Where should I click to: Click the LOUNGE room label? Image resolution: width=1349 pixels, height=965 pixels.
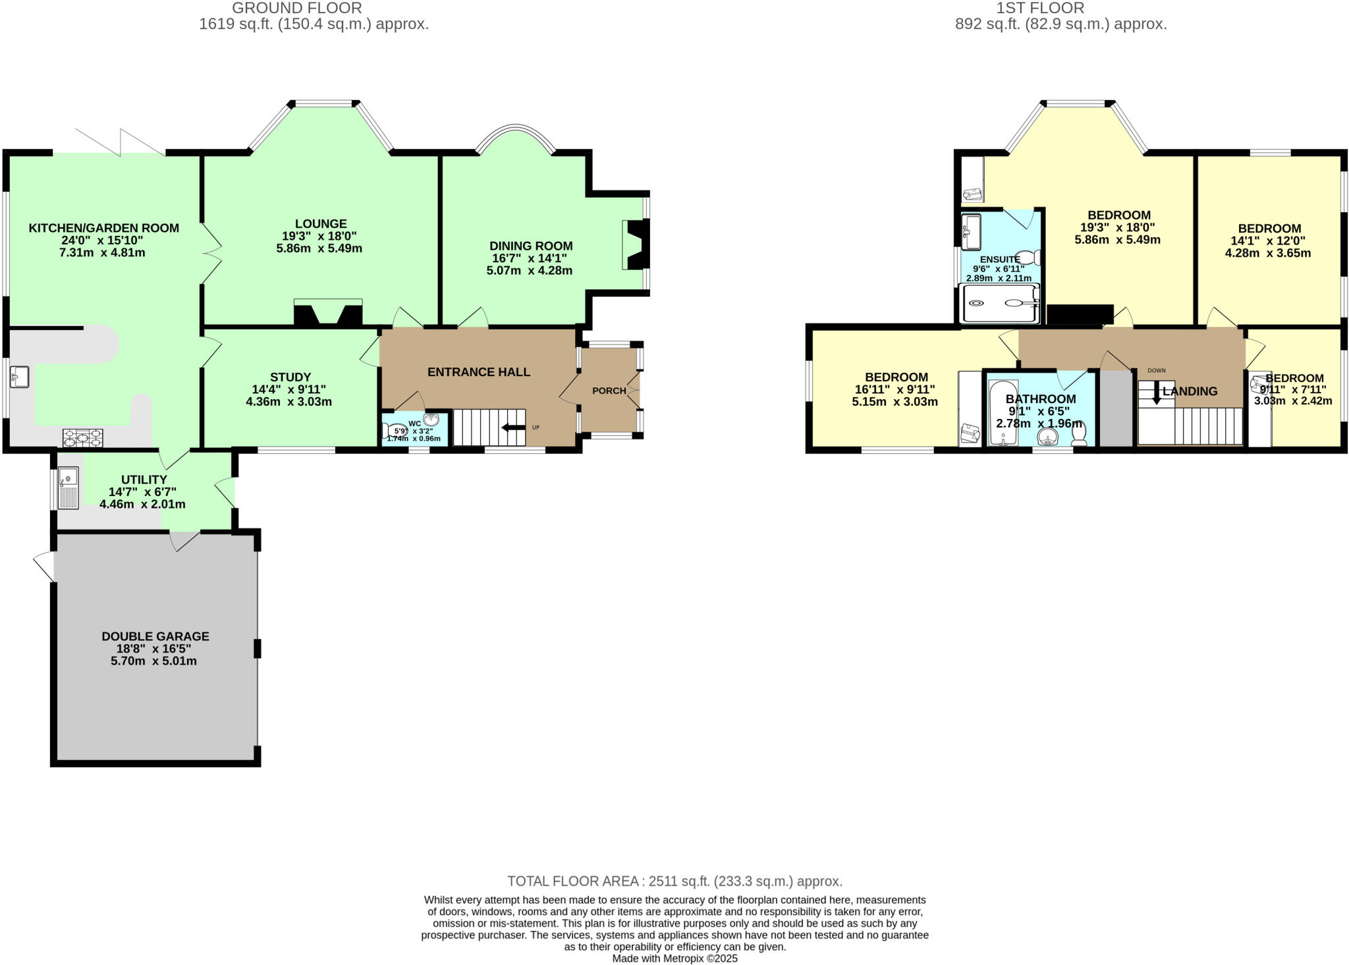click(x=321, y=224)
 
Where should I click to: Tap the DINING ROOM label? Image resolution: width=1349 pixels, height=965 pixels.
click(x=531, y=246)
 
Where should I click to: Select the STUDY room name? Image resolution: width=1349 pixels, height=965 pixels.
click(x=290, y=377)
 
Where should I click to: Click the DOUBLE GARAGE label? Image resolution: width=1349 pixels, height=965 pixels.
click(x=155, y=636)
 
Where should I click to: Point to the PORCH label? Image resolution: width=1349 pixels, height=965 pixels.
click(x=609, y=391)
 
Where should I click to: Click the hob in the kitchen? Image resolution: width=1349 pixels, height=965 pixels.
click(x=83, y=437)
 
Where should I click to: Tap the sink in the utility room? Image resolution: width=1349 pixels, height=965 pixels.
click(x=68, y=487)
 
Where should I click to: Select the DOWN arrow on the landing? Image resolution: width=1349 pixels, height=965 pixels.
click(x=1156, y=393)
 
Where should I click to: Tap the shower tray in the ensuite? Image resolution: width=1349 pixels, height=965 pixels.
click(x=999, y=304)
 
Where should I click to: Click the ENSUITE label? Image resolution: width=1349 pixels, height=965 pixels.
click(x=1000, y=260)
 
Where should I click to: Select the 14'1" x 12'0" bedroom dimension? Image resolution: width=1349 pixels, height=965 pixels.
click(x=1269, y=241)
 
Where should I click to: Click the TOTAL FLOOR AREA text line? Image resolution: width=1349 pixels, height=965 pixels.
click(x=674, y=881)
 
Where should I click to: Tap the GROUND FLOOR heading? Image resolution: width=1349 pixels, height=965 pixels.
click(x=297, y=9)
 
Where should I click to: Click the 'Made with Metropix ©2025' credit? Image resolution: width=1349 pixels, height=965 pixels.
click(x=674, y=958)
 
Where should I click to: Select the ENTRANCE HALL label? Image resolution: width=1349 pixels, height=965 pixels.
click(x=479, y=372)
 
